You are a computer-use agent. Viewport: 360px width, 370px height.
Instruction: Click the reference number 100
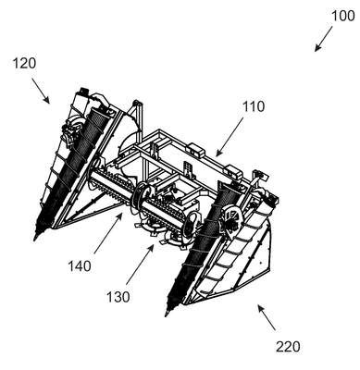click(x=343, y=16)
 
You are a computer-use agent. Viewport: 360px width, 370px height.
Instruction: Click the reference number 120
click(x=24, y=63)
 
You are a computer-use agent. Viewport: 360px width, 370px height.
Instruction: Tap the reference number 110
click(x=254, y=106)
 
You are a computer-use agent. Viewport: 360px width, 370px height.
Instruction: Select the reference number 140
click(x=80, y=266)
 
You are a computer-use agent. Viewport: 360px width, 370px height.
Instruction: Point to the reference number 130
click(x=118, y=297)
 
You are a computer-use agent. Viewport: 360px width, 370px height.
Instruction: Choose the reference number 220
click(x=288, y=347)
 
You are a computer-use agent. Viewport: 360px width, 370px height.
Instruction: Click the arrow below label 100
click(x=324, y=39)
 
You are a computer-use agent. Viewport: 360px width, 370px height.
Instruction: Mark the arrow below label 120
click(x=41, y=90)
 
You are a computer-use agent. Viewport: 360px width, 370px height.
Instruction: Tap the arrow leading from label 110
click(x=230, y=137)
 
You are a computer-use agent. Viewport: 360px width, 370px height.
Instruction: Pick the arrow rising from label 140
click(x=108, y=234)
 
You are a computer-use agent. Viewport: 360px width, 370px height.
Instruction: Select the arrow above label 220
click(x=267, y=317)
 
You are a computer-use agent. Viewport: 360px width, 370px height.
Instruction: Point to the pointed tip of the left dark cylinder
click(x=34, y=240)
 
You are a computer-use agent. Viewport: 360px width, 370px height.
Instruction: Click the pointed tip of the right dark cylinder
click(x=167, y=315)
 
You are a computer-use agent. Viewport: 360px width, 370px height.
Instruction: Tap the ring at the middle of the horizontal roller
click(x=143, y=197)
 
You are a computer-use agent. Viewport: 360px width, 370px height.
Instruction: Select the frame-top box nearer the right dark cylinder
click(x=234, y=171)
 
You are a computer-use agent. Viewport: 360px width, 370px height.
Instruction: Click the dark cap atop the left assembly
click(x=83, y=91)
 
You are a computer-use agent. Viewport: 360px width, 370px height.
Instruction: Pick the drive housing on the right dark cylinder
click(x=232, y=222)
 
